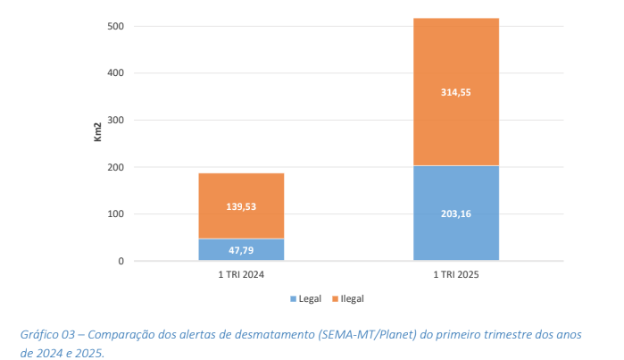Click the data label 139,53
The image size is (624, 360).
point(241,206)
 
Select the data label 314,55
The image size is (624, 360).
point(455,92)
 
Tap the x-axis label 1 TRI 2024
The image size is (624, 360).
point(241,275)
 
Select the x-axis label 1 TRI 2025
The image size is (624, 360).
point(455,275)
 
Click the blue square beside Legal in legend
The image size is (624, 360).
point(291,298)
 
